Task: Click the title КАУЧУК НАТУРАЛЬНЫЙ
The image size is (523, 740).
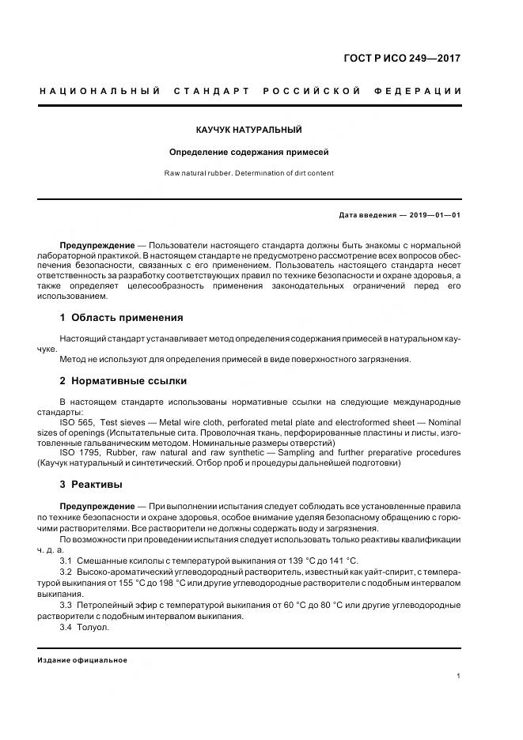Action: tap(249, 129)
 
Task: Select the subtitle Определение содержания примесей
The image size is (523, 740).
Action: tap(249, 152)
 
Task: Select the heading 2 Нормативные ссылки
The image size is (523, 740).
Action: tap(123, 379)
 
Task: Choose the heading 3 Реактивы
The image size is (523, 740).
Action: tap(91, 483)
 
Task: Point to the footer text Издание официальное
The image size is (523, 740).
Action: tap(82, 659)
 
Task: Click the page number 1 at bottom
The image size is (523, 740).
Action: tap(459, 675)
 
